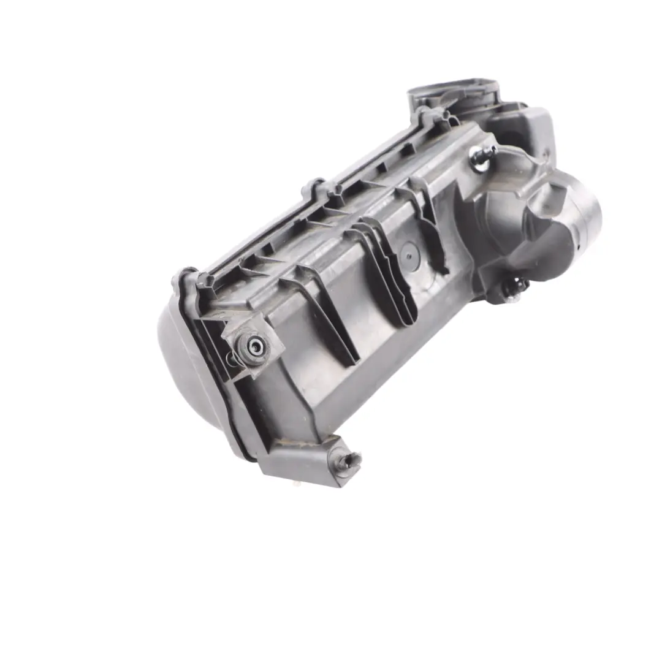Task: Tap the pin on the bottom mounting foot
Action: pos(354,460)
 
